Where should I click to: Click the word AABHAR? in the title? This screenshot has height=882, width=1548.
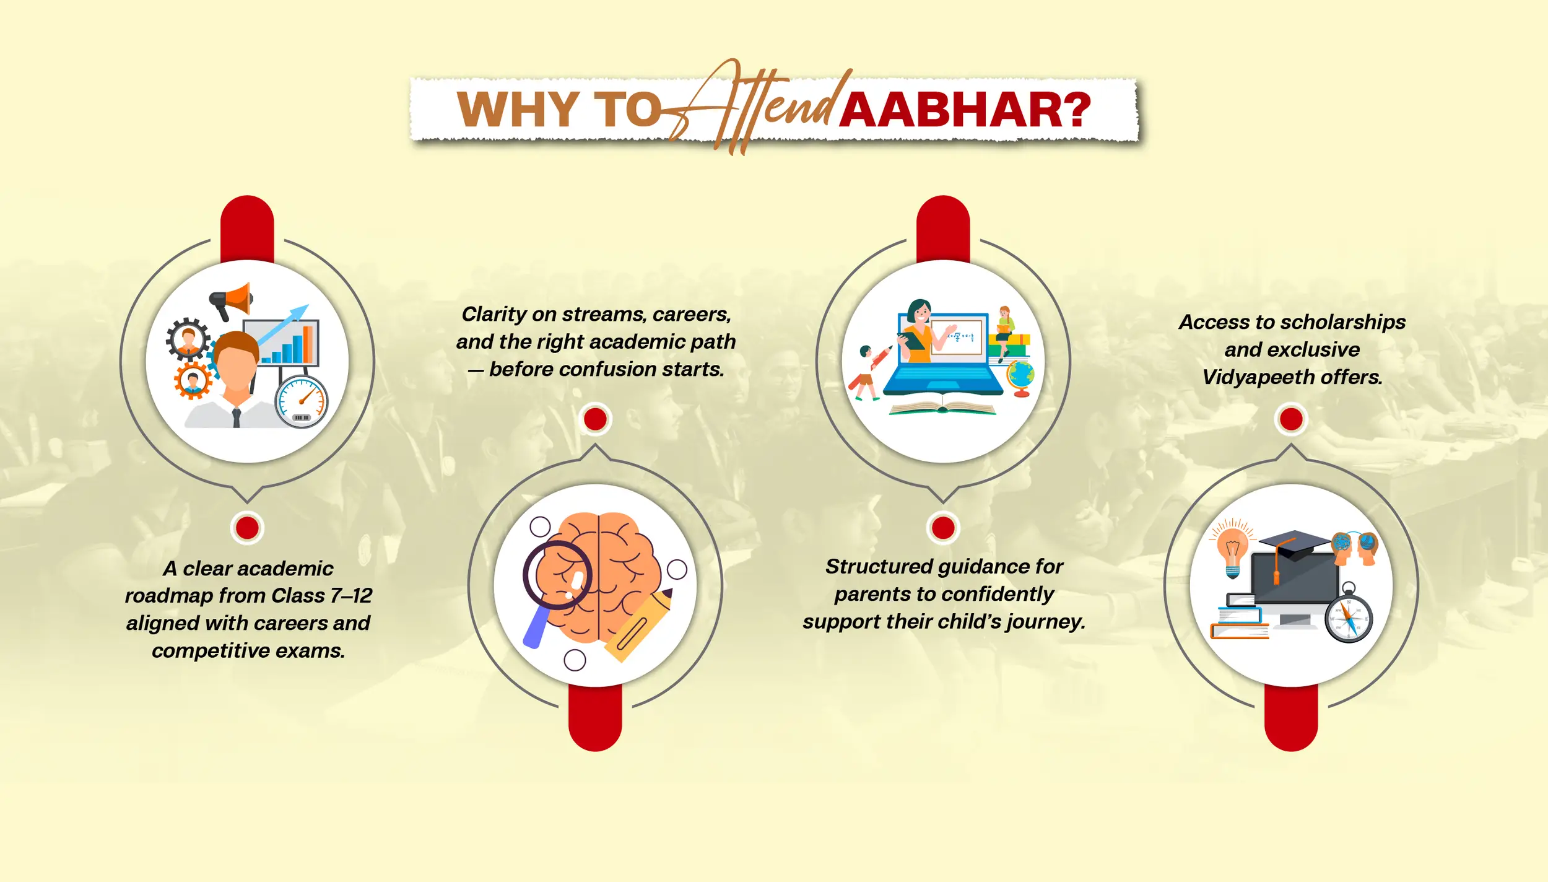coord(965,110)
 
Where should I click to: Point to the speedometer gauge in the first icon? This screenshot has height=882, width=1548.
coord(302,401)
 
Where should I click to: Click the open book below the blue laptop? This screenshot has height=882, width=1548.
coord(942,408)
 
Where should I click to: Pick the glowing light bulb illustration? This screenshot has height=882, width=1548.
coord(1233,548)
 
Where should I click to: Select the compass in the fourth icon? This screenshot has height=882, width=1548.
coord(1349,616)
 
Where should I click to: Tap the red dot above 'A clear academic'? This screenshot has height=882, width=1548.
coord(247,528)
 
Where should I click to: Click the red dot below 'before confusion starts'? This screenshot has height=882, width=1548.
coord(595,419)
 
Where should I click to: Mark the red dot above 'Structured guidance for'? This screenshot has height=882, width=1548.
coord(943,528)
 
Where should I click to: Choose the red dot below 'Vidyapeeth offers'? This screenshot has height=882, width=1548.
coord(1291,419)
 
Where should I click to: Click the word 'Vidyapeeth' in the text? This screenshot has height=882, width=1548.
coord(1259,378)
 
